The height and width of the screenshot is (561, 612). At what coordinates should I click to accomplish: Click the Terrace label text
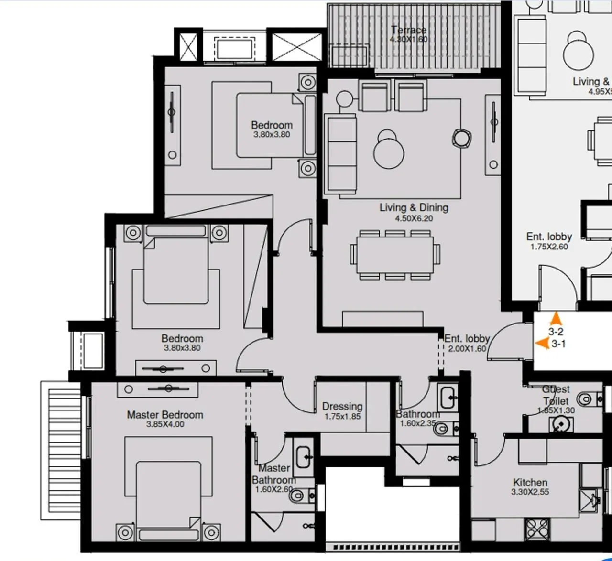coord(408,30)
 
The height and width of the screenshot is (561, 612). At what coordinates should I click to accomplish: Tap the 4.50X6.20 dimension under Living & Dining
coord(415,218)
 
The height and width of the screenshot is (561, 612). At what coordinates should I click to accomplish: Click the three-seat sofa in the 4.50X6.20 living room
coord(340,153)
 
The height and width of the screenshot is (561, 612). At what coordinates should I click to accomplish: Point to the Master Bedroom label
coord(165,415)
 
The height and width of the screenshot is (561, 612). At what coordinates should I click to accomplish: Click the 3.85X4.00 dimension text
coord(165,424)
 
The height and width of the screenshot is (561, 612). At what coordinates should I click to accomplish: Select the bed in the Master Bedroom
coord(168,497)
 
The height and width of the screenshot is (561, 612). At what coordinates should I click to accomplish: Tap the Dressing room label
coord(342,406)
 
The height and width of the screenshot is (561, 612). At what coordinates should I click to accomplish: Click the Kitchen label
coord(530,482)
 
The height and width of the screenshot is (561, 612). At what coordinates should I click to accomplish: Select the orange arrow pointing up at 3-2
coord(556,318)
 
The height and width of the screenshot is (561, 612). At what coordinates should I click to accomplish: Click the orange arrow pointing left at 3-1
coord(542,343)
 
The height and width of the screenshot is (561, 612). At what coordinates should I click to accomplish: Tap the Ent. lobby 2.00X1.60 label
coord(467,343)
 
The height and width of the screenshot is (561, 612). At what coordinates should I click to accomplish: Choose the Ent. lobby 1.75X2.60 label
coord(549,241)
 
